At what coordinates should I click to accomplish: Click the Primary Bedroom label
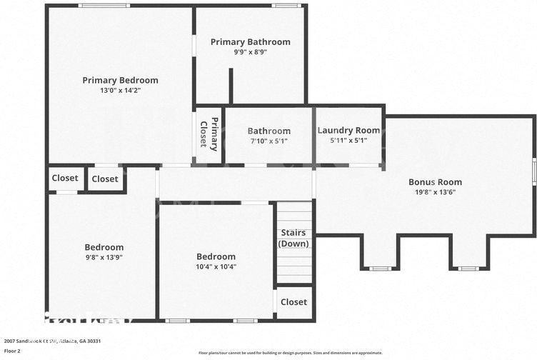point(120,80)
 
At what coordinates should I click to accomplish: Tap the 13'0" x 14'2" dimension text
point(120,91)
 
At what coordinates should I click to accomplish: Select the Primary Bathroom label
point(250,42)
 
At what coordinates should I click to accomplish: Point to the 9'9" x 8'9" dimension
point(250,52)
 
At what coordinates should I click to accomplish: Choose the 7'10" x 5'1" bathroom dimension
point(268,141)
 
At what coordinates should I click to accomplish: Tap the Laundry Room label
point(348,130)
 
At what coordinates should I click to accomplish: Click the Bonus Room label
point(435,182)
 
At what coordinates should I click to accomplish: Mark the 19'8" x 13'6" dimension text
point(435,192)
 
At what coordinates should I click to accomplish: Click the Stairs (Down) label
point(293,238)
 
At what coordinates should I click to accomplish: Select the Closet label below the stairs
point(293,302)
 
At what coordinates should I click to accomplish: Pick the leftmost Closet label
point(65,178)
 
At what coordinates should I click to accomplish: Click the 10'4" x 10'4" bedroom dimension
point(216,266)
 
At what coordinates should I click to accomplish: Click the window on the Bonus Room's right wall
point(533,171)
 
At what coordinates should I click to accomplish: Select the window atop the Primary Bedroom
point(104,6)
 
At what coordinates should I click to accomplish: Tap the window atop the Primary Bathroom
point(286,6)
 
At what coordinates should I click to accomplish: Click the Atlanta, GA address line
point(52,341)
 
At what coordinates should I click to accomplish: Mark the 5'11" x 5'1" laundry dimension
point(348,141)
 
